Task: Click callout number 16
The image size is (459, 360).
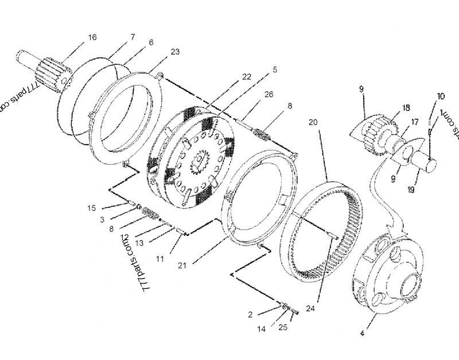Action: [x=92, y=37]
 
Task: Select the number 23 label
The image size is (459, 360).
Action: [x=175, y=52]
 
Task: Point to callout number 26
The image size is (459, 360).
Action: [x=269, y=95]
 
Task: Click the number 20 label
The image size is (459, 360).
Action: [x=313, y=123]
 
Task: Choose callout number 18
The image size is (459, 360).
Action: [x=406, y=107]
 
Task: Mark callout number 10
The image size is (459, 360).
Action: [x=441, y=96]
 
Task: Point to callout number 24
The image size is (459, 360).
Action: [x=310, y=308]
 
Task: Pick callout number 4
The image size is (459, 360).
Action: [x=361, y=332]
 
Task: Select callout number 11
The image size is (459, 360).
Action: [x=160, y=259]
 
